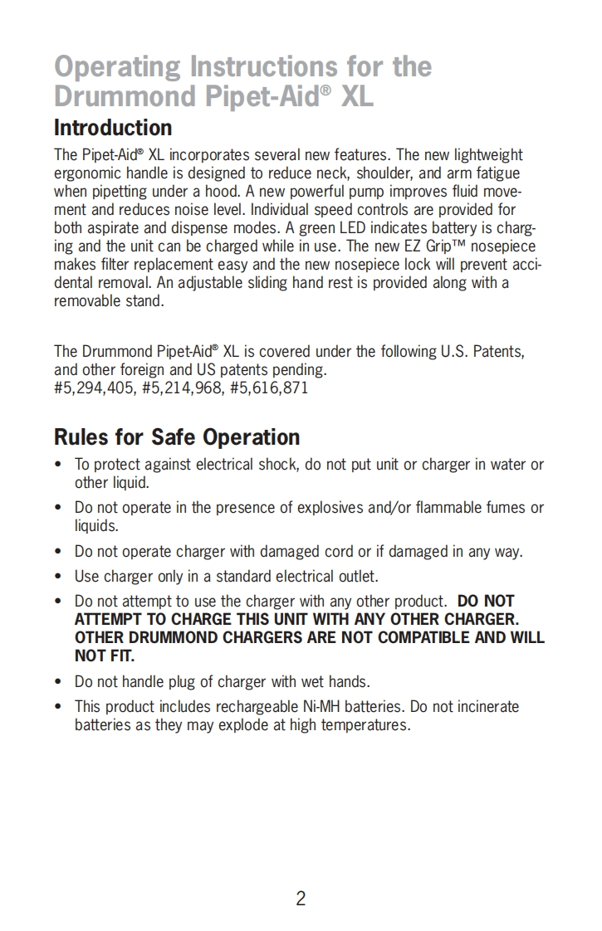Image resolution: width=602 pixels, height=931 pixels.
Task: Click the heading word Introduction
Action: tap(113, 129)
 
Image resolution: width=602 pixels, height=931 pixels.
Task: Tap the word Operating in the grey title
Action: tap(117, 66)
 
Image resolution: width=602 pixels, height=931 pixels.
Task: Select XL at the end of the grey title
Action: tap(355, 97)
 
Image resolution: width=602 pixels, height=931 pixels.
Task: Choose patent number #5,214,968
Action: tap(181, 388)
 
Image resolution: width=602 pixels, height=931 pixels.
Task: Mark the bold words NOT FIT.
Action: tap(105, 656)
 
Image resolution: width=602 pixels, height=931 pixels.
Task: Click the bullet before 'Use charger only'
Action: tap(58, 576)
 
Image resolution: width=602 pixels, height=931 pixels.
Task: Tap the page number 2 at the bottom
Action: tap(301, 898)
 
